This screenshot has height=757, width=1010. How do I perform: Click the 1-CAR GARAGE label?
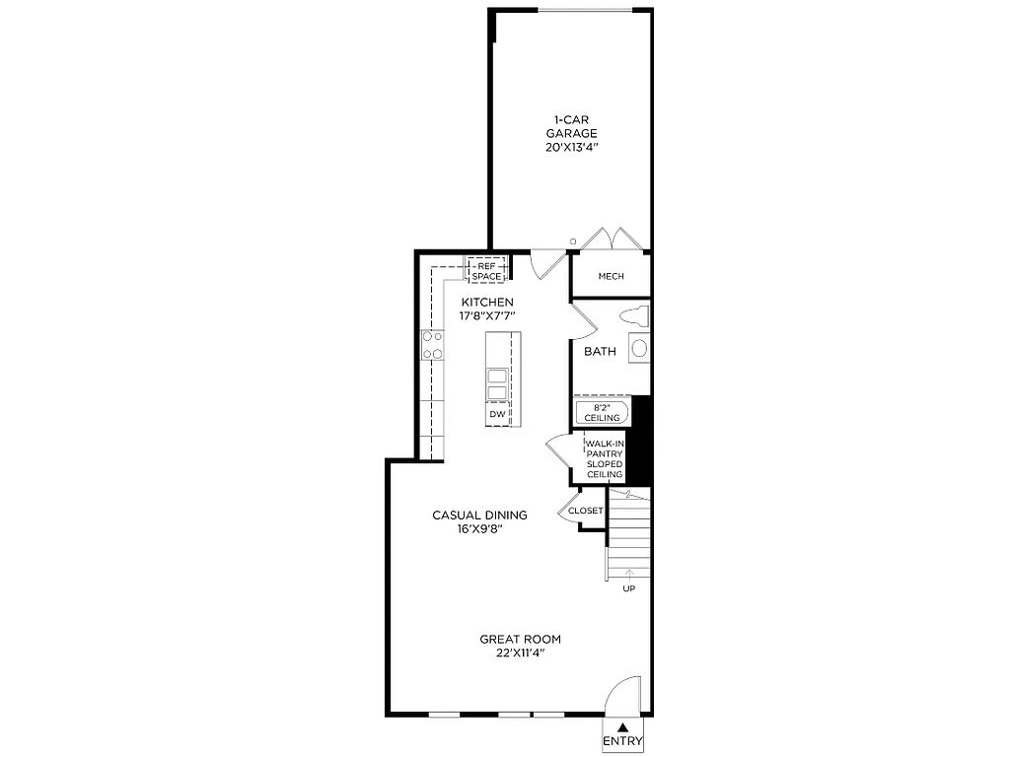pyautogui.click(x=572, y=126)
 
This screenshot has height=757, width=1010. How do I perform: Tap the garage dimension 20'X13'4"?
pyautogui.click(x=572, y=147)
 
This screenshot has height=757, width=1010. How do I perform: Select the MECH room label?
pyautogui.click(x=611, y=276)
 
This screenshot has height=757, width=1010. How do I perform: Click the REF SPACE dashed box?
pyautogui.click(x=486, y=271)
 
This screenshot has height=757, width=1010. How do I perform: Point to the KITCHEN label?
pyautogui.click(x=487, y=302)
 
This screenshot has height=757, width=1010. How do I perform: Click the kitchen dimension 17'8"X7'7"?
pyautogui.click(x=487, y=315)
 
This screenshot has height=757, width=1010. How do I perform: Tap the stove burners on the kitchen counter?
pyautogui.click(x=433, y=344)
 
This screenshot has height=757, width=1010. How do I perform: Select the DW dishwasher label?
pyautogui.click(x=498, y=415)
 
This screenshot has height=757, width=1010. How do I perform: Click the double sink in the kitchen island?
pyautogui.click(x=498, y=384)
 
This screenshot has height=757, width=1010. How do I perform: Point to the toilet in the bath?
pyautogui.click(x=632, y=317)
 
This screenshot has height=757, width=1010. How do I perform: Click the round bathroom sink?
pyautogui.click(x=639, y=348)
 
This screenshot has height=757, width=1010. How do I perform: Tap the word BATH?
pyautogui.click(x=600, y=352)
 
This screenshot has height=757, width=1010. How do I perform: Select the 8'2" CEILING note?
pyautogui.click(x=602, y=412)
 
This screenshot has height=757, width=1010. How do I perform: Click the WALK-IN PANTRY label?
pyautogui.click(x=606, y=449)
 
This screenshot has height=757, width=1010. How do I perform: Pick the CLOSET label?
pyautogui.click(x=585, y=511)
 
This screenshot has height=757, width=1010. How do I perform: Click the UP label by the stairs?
pyautogui.click(x=628, y=589)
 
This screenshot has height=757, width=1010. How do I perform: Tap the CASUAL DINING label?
pyautogui.click(x=480, y=515)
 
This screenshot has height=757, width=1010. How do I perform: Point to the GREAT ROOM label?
pyautogui.click(x=521, y=639)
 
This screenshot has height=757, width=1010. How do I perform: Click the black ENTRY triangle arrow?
pyautogui.click(x=622, y=726)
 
